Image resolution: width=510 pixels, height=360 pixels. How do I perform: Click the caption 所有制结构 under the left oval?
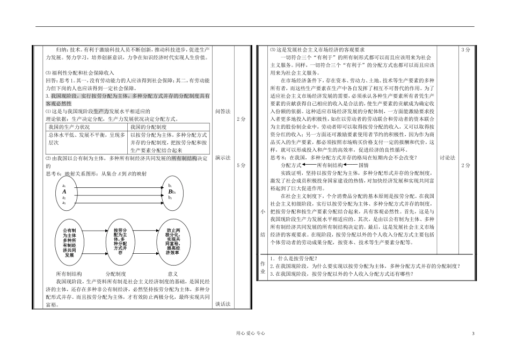(x=69, y=273)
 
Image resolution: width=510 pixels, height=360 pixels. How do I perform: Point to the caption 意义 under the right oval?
(x=172, y=273)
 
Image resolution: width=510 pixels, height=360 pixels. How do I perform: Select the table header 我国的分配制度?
(x=147, y=127)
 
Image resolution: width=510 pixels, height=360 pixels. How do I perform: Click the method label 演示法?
(x=223, y=158)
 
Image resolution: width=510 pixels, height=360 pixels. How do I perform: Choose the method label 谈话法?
(x=223, y=304)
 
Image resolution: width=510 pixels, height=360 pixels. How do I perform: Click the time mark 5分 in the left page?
(x=242, y=165)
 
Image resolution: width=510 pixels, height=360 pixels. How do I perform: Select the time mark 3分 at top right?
(x=465, y=49)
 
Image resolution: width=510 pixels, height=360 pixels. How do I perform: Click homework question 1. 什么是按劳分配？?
(x=294, y=258)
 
